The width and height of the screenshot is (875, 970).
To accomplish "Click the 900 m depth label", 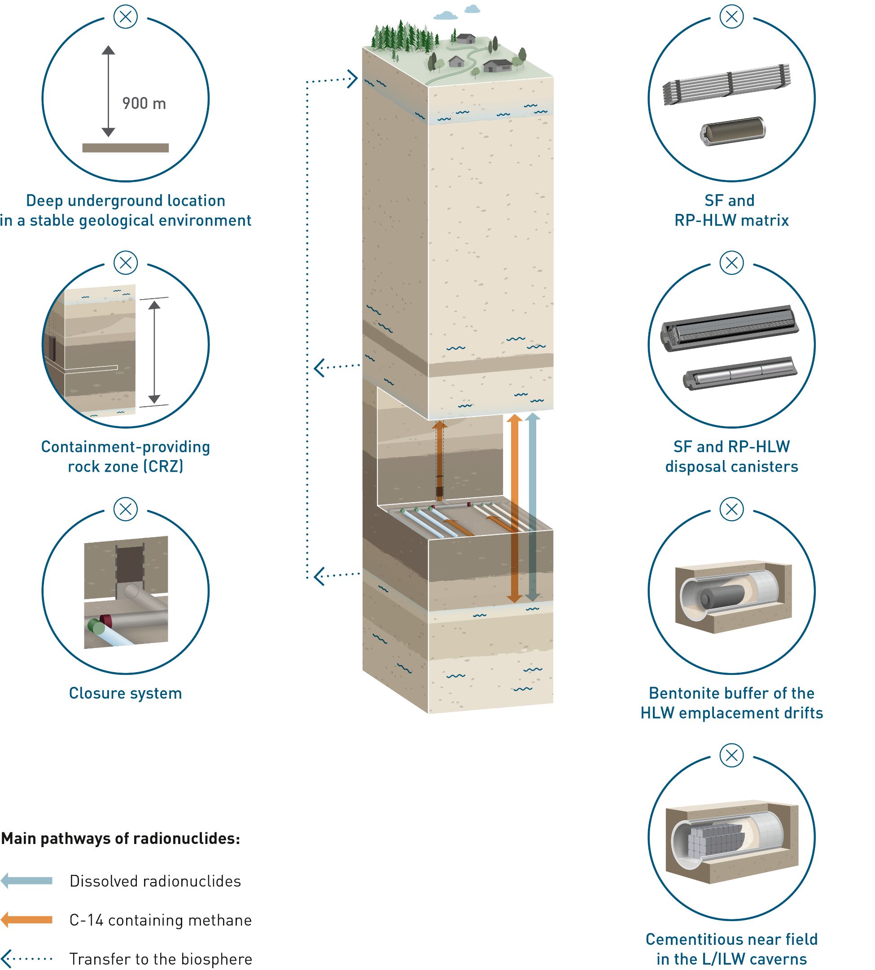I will pos(144,103).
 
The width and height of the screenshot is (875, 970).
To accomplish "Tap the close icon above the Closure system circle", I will pos(126,509).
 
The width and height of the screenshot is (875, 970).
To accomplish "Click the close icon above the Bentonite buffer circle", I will pos(731,509).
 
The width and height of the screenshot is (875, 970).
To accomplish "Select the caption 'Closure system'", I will pos(126,693).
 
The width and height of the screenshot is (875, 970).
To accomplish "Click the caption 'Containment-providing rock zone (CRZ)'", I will pos(126,457).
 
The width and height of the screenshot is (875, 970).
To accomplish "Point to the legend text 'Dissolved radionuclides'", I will pos(155,881).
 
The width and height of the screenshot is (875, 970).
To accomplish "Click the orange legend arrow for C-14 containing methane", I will pos(27,920).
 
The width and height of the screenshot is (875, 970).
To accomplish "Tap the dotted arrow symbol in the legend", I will pos(27,958).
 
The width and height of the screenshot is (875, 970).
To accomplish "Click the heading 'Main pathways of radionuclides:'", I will pos(120,838).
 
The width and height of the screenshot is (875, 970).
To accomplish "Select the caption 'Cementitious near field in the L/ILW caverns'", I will pos(731,949).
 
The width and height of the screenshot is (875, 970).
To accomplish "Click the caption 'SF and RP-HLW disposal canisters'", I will pos(731,457).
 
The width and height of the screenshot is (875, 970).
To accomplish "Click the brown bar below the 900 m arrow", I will pos(126,148).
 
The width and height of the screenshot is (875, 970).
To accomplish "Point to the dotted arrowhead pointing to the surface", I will pos(352,79).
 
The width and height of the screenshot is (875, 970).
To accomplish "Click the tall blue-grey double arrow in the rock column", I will pos(532,507).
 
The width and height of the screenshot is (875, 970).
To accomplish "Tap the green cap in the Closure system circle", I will pos(96,626).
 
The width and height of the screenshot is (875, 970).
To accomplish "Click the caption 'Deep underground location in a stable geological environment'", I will pos(126,210).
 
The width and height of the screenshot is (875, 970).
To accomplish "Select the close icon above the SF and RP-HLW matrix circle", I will pos(731,17).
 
